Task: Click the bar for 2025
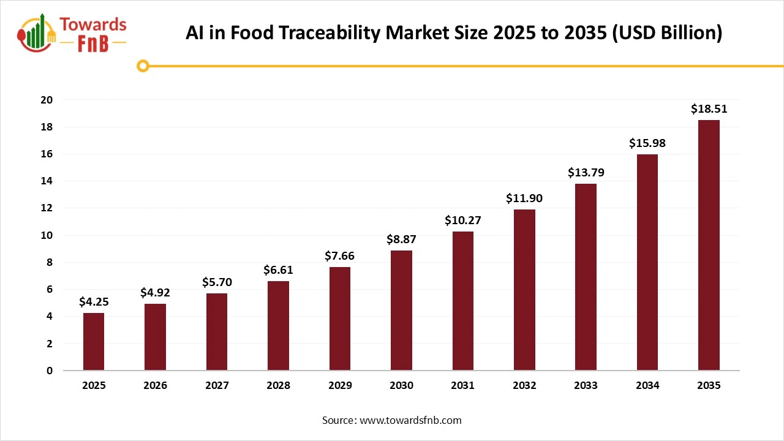coord(94,342)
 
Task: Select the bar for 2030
coord(401,311)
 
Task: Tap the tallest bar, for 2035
coord(709,245)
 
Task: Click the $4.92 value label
coord(155,293)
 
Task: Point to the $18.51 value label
coord(709,109)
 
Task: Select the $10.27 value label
coord(462,221)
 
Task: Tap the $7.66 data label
coord(339,256)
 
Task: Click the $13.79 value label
coord(586,173)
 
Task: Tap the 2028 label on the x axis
coord(278,386)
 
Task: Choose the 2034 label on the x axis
coord(647,386)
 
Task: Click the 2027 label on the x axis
coord(217,386)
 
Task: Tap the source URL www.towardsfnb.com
coord(410,420)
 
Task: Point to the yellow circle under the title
coord(143,66)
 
